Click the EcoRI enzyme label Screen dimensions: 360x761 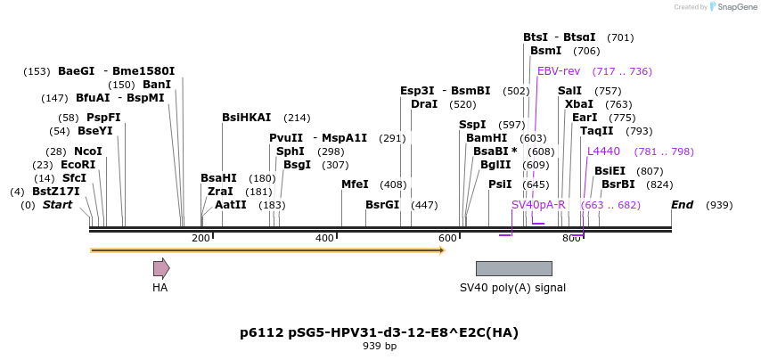[78, 165]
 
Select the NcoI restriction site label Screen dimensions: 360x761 [88, 151]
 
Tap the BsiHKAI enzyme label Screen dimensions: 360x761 [247, 118]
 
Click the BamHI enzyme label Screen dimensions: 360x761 [487, 138]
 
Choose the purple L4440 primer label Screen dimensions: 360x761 [603, 151]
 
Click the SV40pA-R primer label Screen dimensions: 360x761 [538, 205]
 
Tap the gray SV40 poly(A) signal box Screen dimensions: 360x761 [513, 268]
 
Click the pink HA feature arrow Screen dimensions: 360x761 [161, 268]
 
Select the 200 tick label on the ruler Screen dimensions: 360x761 [200, 238]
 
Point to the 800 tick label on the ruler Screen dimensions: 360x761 [571, 238]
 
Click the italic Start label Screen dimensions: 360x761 [58, 205]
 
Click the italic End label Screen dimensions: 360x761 [682, 205]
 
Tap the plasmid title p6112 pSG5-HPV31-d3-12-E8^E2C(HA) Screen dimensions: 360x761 [379, 333]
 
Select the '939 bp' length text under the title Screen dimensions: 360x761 [380, 347]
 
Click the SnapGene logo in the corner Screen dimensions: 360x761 [734, 7]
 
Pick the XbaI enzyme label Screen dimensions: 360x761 [578, 104]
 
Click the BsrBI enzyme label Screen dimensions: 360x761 [618, 184]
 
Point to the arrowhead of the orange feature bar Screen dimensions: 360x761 [441, 250]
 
